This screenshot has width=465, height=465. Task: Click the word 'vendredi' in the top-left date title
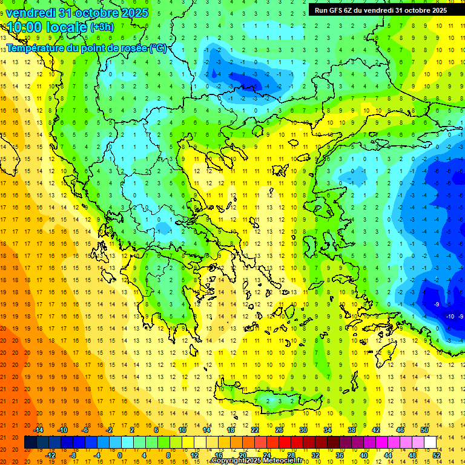tap(32, 12)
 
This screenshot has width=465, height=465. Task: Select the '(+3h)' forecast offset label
tap(101, 27)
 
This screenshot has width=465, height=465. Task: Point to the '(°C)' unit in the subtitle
tap(158, 48)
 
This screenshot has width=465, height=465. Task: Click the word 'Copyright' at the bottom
tap(228, 461)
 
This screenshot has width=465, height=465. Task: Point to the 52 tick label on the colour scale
tap(437, 455)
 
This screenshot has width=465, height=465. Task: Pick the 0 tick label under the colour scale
tap(120, 455)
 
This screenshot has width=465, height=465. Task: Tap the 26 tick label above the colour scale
tap(279, 430)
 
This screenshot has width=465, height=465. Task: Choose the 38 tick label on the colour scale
tap(352, 430)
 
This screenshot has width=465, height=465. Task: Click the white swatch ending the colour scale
tap(430, 443)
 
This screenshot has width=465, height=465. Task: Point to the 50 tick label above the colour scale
tap(424, 430)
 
